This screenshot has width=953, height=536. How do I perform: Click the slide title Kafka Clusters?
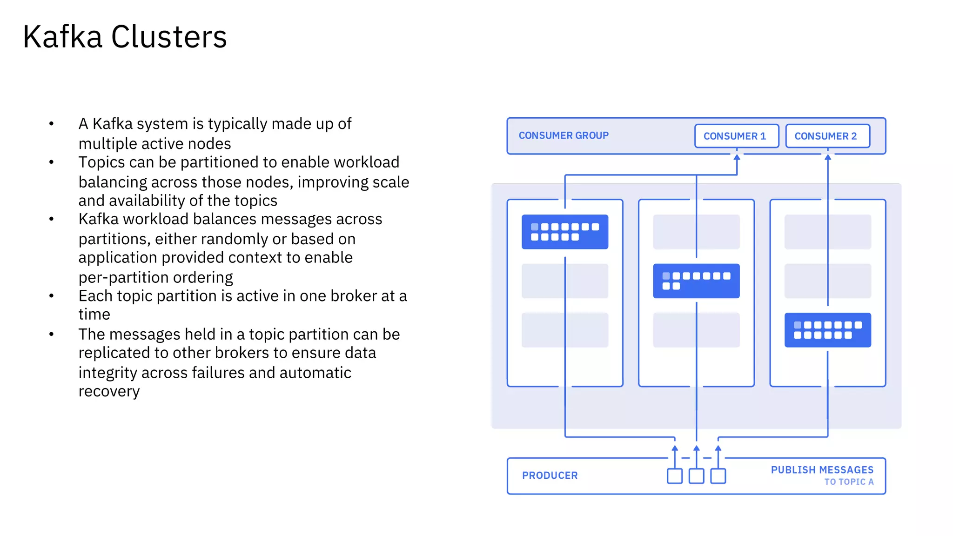[125, 37]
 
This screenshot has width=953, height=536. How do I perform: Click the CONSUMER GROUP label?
[564, 135]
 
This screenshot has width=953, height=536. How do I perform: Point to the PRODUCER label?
[550, 476]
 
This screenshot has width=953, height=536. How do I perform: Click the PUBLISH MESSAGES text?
[822, 470]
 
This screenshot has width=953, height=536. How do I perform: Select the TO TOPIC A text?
[849, 482]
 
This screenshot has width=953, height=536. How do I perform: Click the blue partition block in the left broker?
[564, 232]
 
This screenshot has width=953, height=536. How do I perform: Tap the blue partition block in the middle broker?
[696, 281]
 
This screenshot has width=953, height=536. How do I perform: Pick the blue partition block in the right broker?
[827, 330]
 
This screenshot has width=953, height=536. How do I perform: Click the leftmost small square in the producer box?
[674, 476]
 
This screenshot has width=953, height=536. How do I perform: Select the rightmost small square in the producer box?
[718, 476]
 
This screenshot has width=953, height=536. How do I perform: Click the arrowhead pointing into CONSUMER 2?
[828, 157]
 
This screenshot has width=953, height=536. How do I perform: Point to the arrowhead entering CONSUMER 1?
[737, 157]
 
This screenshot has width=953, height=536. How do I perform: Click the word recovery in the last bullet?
[109, 391]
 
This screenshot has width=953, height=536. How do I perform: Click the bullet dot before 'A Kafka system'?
[52, 124]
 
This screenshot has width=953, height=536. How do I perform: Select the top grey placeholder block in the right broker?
[827, 232]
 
